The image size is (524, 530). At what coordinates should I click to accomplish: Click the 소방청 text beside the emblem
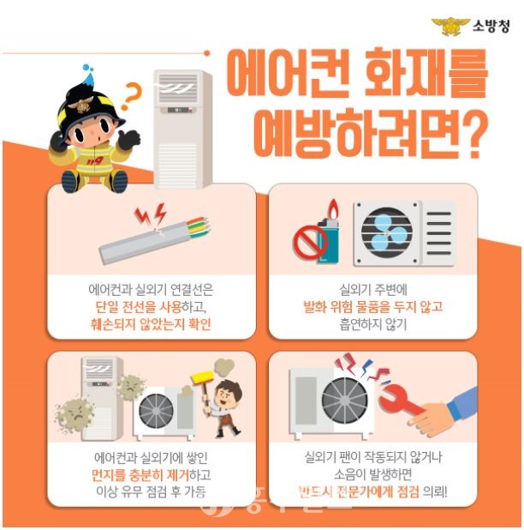click(491, 26)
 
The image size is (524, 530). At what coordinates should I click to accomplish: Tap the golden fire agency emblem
click(450, 27)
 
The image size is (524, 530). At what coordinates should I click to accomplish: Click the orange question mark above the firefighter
click(130, 96)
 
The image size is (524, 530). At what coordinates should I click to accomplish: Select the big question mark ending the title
click(471, 134)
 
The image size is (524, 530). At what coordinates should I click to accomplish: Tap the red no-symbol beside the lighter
click(310, 241)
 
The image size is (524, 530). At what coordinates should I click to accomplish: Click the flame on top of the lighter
click(333, 209)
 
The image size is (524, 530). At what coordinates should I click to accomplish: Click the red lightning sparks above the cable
click(151, 214)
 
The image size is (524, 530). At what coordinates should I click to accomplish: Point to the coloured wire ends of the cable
click(199, 227)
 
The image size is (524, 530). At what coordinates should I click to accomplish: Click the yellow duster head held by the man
click(203, 376)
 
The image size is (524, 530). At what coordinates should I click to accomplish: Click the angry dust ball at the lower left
click(74, 415)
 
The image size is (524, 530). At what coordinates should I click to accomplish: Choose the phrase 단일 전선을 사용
click(139, 306)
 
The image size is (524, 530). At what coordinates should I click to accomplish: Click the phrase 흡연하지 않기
click(373, 324)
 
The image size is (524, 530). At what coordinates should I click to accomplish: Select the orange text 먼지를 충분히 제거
click(140, 475)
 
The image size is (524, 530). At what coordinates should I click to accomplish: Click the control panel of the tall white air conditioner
click(182, 110)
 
